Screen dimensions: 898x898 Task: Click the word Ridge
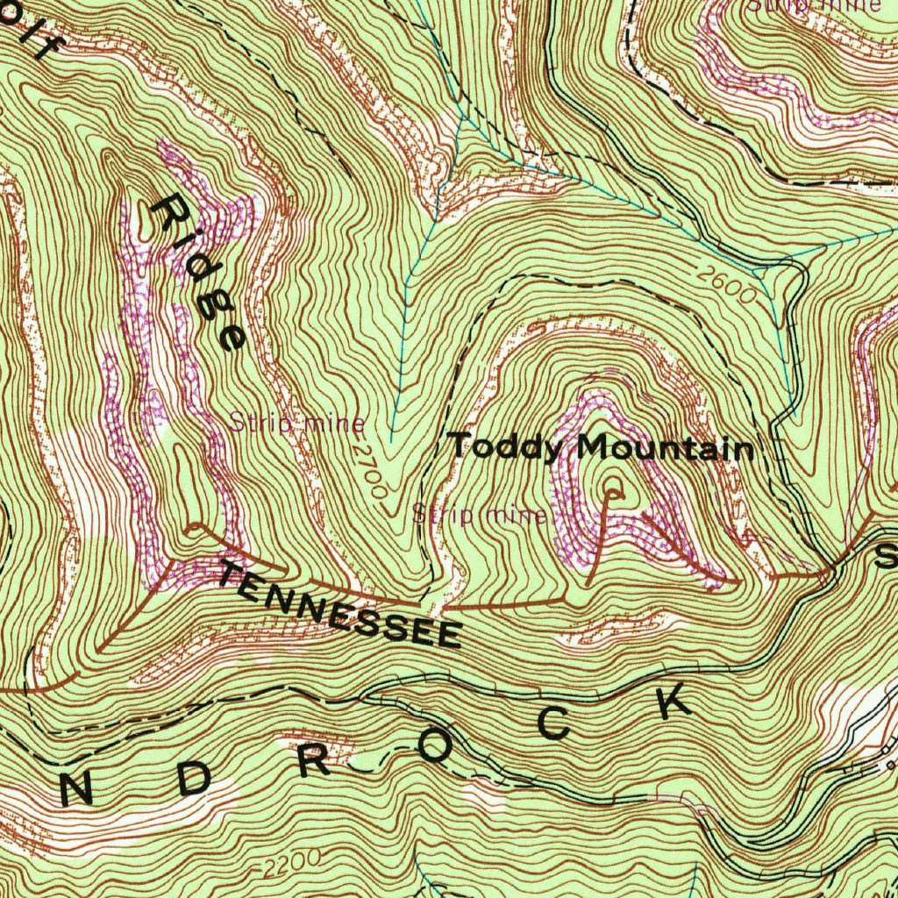[x=197, y=273]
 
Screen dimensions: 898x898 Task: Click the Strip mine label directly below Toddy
[x=480, y=515]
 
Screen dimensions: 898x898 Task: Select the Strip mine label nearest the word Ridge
[x=297, y=424]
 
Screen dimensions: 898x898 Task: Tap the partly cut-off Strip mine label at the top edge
[x=813, y=5]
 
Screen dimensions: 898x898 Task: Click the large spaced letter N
[x=77, y=790]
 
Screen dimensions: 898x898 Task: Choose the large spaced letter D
[x=192, y=780]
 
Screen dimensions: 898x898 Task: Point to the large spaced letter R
[x=313, y=760]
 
